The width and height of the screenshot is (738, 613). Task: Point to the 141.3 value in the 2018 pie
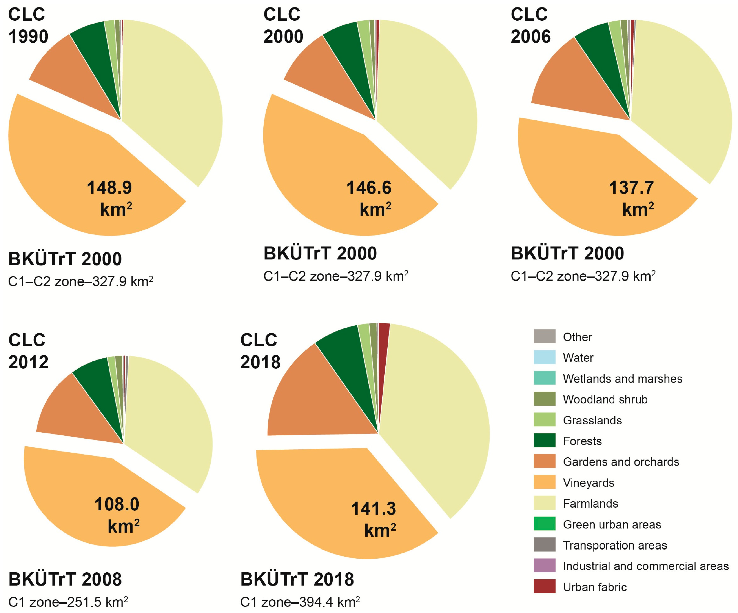374,509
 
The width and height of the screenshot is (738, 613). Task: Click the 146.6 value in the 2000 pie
369,188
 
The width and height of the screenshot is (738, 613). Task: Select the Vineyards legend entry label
589,483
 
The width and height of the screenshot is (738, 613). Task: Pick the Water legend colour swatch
544,357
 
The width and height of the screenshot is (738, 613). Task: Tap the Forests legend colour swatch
544,441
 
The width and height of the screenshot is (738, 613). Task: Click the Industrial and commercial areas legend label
646,566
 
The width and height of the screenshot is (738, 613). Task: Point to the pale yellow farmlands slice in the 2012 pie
169,422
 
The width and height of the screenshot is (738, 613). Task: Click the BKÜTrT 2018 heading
297,579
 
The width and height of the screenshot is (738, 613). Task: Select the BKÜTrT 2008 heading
65,579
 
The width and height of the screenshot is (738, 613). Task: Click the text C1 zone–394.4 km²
300,602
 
